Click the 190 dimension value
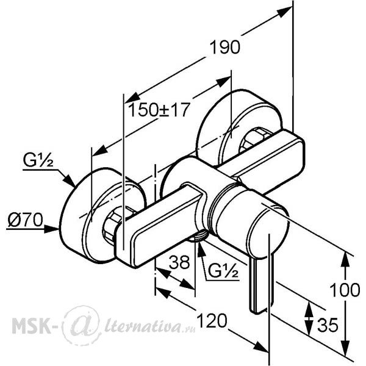[224, 48]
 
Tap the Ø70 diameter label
[25, 220]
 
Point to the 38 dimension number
[179, 262]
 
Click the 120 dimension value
[212, 320]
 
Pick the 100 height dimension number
[345, 290]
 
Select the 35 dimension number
[328, 325]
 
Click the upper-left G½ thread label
[38, 160]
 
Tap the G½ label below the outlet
[223, 271]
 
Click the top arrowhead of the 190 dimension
[284, 12]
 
